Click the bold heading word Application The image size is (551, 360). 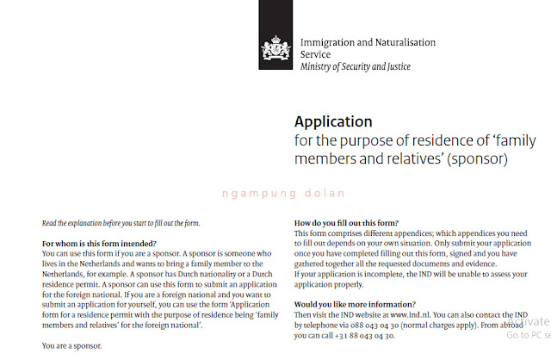pyautogui.click(x=334, y=121)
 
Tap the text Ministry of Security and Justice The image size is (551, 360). pyautogui.click(x=356, y=67)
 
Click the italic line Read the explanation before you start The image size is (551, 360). pyautogui.click(x=121, y=224)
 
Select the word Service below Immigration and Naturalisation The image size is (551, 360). pyautogui.click(x=316, y=54)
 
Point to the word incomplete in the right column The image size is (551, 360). pyautogui.click(x=377, y=274)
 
